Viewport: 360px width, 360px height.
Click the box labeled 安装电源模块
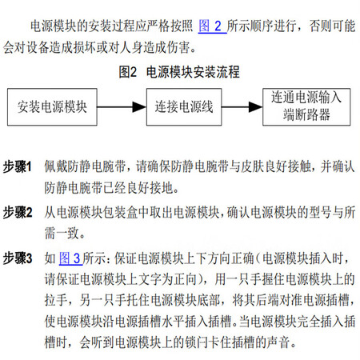tap(52, 107)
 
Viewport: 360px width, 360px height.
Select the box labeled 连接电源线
tap(184, 107)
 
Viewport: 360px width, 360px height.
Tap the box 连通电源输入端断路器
tap(306, 107)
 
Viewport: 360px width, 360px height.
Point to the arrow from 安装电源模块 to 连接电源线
tap(122, 107)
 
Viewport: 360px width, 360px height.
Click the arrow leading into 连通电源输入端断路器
tap(242, 107)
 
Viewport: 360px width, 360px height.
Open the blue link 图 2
tap(212, 26)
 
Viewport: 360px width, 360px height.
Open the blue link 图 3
tap(70, 258)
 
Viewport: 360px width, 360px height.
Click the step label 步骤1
tap(18, 166)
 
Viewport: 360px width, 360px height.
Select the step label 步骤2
tap(18, 213)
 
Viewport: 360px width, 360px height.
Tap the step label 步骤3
tap(18, 258)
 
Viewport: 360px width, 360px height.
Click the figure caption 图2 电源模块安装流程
tap(179, 72)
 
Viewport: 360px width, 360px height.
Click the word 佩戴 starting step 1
tap(56, 166)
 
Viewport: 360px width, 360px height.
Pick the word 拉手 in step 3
tap(56, 301)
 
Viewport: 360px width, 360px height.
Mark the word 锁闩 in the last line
tap(196, 342)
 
